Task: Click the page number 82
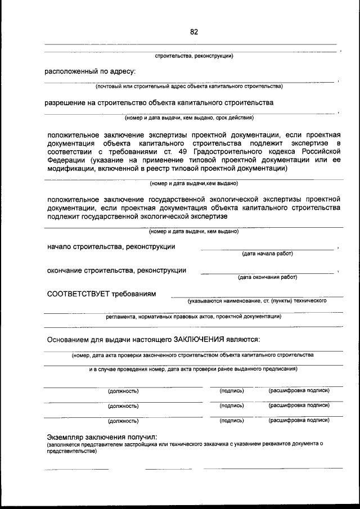click(x=194, y=32)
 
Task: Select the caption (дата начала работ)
click(x=268, y=254)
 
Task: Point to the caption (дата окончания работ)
click(x=268, y=277)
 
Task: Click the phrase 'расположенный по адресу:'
click(x=90, y=71)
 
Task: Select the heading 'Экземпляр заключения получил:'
click(x=102, y=437)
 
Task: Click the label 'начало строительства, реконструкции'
click(x=111, y=246)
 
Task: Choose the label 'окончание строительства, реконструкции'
click(x=117, y=270)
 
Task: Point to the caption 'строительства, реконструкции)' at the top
click(x=194, y=56)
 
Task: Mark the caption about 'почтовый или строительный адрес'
click(x=189, y=86)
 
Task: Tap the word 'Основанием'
click(x=70, y=339)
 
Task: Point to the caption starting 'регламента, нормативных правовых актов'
click(x=194, y=316)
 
